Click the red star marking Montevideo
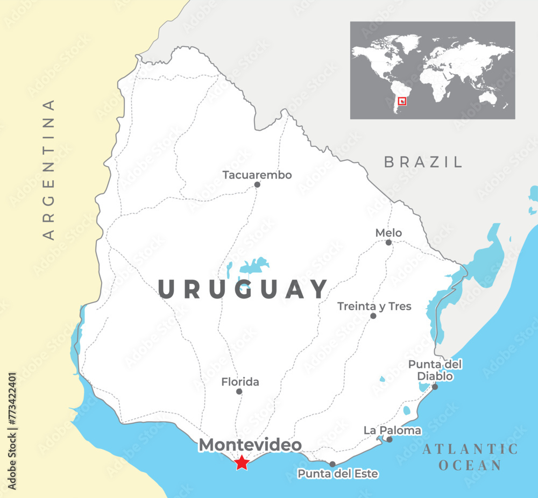[x=242, y=462]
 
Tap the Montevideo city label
[x=250, y=445]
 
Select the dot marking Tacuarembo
[x=257, y=184]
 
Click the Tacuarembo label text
[x=257, y=175]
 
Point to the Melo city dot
[x=388, y=243]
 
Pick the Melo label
[x=388, y=233]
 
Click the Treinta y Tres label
[x=374, y=306]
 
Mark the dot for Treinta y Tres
[x=373, y=316]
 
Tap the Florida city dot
[x=239, y=392]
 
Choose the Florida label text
[x=240, y=382]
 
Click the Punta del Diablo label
[x=435, y=370]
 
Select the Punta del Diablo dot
[x=435, y=386]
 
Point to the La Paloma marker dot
[x=390, y=439]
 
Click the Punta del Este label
[x=338, y=474]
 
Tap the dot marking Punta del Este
[x=332, y=464]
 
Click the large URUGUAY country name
[x=243, y=289]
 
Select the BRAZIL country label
[x=423, y=161]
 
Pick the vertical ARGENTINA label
[x=49, y=169]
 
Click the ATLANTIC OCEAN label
[x=470, y=457]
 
